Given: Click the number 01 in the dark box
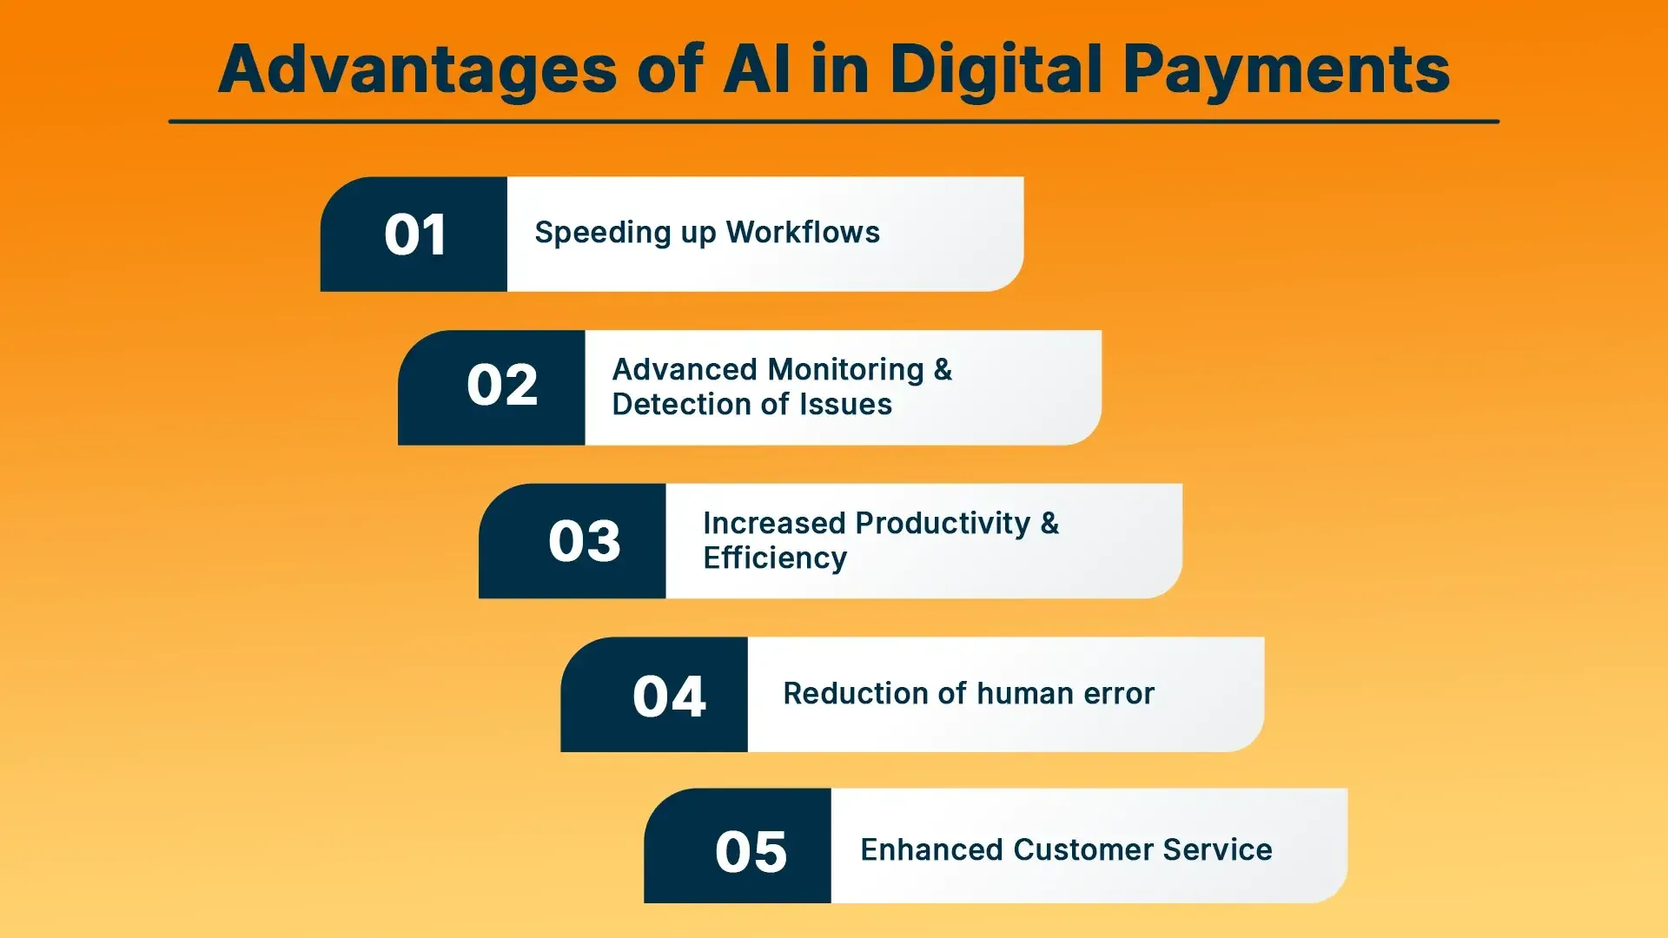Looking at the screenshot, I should click(x=414, y=234).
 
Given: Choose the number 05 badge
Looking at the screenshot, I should click(x=751, y=851).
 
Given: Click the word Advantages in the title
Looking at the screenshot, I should click(x=417, y=69).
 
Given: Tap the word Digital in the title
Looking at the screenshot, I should click(x=996, y=69).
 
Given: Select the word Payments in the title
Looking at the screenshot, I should click(x=1286, y=69).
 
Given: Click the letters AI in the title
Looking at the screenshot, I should click(x=757, y=69).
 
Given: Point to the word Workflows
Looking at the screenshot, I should click(x=803, y=232).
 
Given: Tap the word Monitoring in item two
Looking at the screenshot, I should click(x=847, y=370).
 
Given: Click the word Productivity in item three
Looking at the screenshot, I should click(x=943, y=523).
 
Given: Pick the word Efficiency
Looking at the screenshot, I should click(x=775, y=558).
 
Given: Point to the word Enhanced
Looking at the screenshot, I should click(x=931, y=849).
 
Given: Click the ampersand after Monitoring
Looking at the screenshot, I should click(x=943, y=370).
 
